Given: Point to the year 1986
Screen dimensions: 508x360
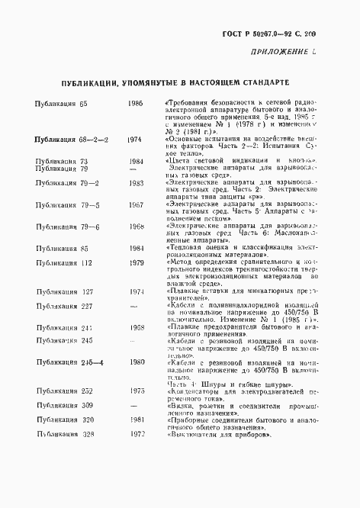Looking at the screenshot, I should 137,102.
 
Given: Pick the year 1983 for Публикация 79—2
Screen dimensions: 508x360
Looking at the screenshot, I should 137,184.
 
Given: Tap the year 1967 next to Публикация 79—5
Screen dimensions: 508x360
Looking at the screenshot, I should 137,205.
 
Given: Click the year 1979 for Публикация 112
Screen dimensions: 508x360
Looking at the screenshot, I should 137,263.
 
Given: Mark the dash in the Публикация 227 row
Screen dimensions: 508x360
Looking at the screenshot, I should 135,306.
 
